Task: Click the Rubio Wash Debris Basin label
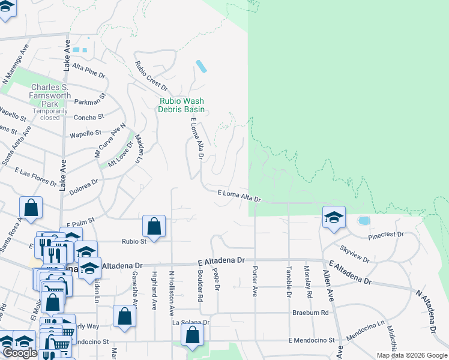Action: [x=181, y=106]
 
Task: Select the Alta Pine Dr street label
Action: [x=88, y=71]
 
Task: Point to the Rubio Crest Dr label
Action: [x=150, y=76]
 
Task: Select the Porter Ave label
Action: [x=255, y=280]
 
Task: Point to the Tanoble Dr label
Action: [x=289, y=282]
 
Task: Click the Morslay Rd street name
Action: [x=308, y=282]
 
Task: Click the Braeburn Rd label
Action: [x=311, y=313]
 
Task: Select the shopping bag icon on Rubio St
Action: [x=154, y=227]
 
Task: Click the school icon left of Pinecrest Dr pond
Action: [x=334, y=217]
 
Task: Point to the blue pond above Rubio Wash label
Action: [x=202, y=66]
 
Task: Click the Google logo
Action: [x=20, y=353]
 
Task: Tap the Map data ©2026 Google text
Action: [x=411, y=355]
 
